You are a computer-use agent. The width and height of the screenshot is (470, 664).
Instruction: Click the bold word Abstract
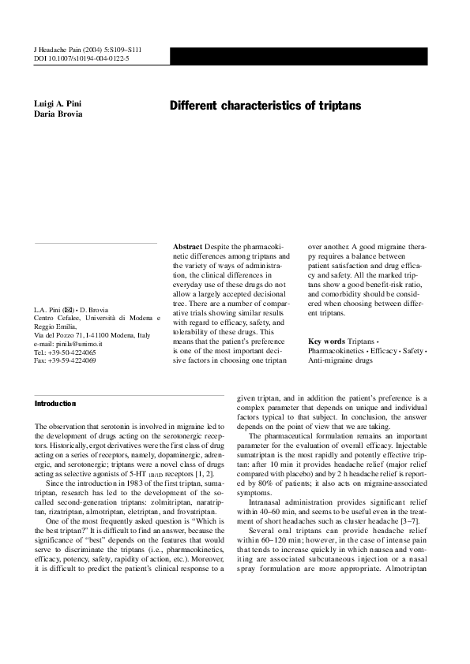187,247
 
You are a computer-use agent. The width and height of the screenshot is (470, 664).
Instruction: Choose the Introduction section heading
55,403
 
